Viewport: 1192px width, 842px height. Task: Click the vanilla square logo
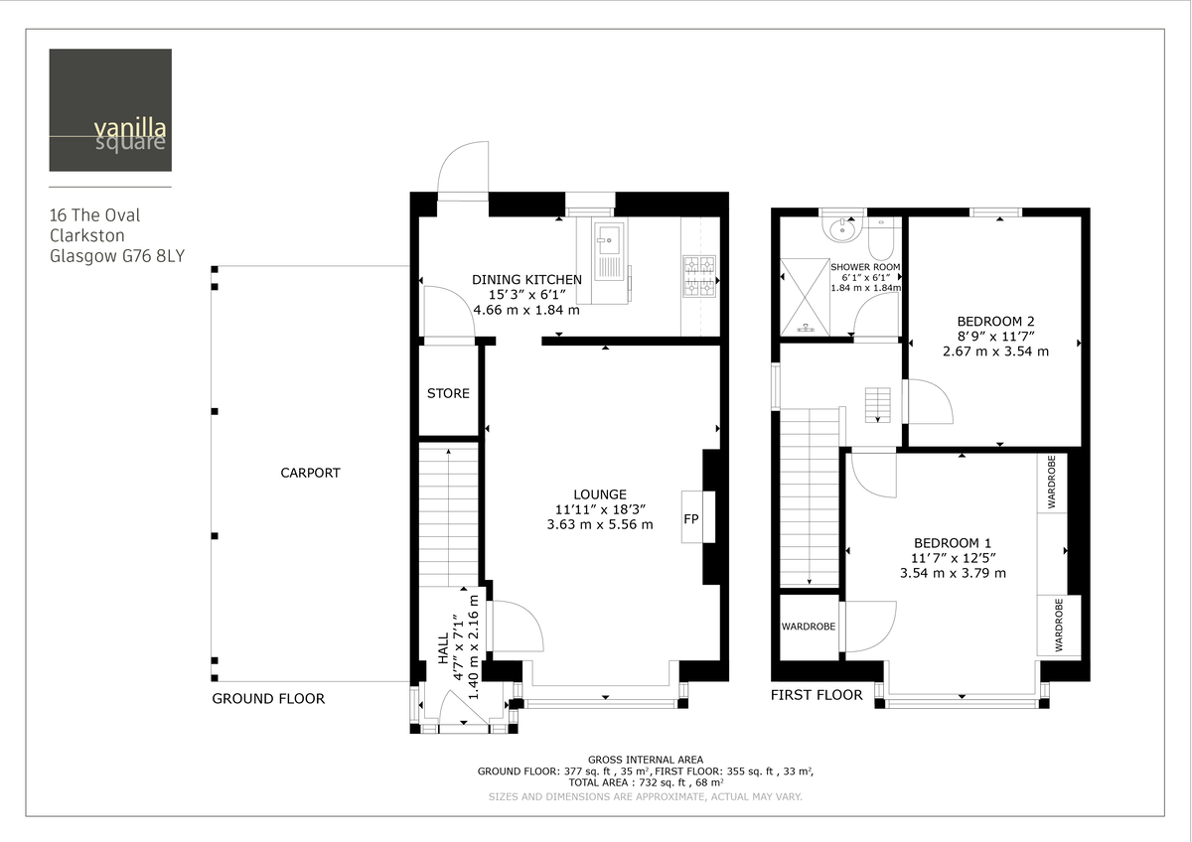(109, 110)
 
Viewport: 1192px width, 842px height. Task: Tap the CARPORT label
(310, 474)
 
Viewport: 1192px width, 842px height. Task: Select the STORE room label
(448, 393)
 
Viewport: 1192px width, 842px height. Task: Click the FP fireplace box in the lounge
(692, 518)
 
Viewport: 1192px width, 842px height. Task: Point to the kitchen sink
(607, 241)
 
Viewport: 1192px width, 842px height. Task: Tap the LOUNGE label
(600, 494)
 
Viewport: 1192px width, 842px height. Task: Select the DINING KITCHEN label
(526, 280)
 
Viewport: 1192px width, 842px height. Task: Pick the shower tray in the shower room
(805, 294)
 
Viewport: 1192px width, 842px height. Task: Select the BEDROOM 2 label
(995, 321)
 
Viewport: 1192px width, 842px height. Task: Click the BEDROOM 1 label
(953, 543)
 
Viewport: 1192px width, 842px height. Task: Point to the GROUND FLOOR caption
(268, 699)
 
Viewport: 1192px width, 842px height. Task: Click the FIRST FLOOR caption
(817, 695)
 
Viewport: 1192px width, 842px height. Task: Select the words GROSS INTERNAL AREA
(645, 760)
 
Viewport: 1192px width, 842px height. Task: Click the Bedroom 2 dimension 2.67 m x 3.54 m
(995, 351)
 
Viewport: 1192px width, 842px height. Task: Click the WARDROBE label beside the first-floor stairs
(808, 627)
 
